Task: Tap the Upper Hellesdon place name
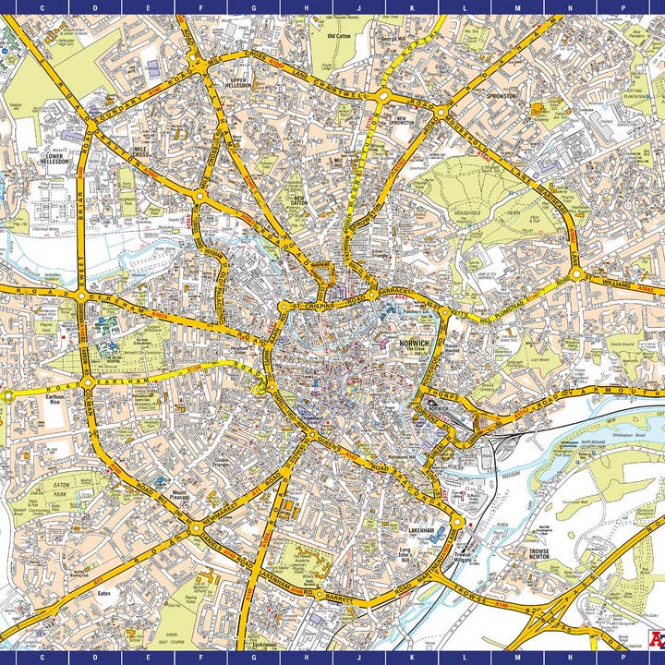tap(239, 84)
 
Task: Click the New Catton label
tap(297, 199)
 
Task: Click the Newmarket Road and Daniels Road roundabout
tap(196, 528)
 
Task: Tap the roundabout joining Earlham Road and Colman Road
tap(86, 381)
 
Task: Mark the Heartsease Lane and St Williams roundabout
tap(577, 275)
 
